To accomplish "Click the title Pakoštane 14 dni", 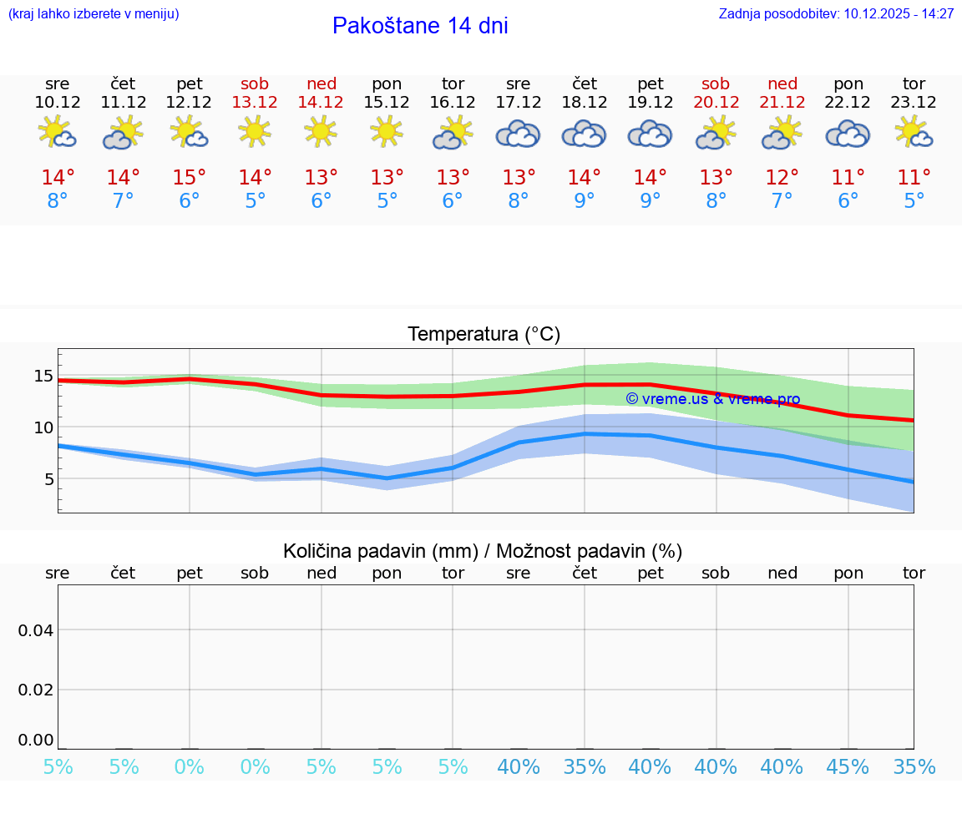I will pyautogui.click(x=420, y=26).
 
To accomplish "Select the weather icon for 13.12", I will pyautogui.click(x=255, y=131).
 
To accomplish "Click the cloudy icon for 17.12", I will pyautogui.click(x=518, y=134).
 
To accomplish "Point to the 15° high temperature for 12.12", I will pyautogui.click(x=190, y=177).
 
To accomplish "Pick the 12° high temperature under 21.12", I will pyautogui.click(x=782, y=177).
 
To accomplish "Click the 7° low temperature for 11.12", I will pyautogui.click(x=124, y=201).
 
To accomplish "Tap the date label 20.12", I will pyautogui.click(x=716, y=102).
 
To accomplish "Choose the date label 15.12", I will pyautogui.click(x=387, y=102).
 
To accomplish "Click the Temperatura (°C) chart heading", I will pyautogui.click(x=484, y=334).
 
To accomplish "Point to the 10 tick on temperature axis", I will pyautogui.click(x=43, y=427).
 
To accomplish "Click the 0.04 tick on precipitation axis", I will pyautogui.click(x=36, y=629).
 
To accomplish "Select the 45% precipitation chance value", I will pyautogui.click(x=848, y=767).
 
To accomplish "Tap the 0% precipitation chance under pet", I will pyautogui.click(x=190, y=767).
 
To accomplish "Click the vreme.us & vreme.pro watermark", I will pyautogui.click(x=712, y=399).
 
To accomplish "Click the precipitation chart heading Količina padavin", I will pyautogui.click(x=483, y=551).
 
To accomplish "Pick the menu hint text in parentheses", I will pyautogui.click(x=94, y=13).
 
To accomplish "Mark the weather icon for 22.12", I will pyautogui.click(x=848, y=134).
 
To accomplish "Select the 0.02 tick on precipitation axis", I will pyautogui.click(x=36, y=690).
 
